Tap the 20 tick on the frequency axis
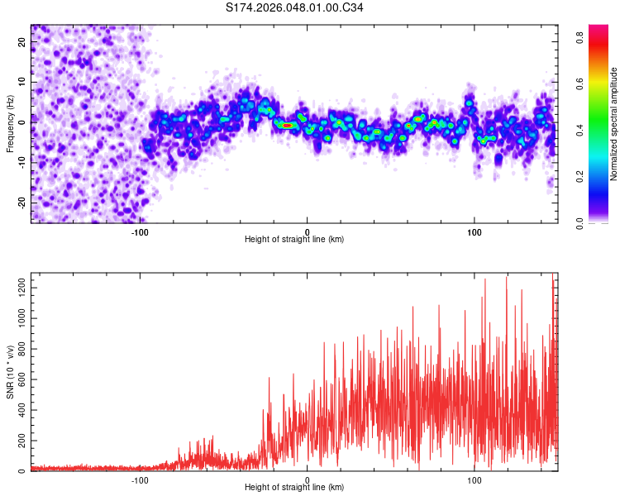22,43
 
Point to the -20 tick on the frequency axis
21,202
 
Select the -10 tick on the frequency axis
21,162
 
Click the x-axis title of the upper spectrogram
294,239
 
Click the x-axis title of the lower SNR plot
294,487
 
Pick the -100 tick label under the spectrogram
140,231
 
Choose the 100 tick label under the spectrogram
475,231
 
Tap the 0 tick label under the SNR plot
308,479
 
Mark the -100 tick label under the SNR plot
140,479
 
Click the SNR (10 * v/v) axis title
10,372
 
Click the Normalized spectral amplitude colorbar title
613,124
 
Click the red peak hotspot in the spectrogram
286,126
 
